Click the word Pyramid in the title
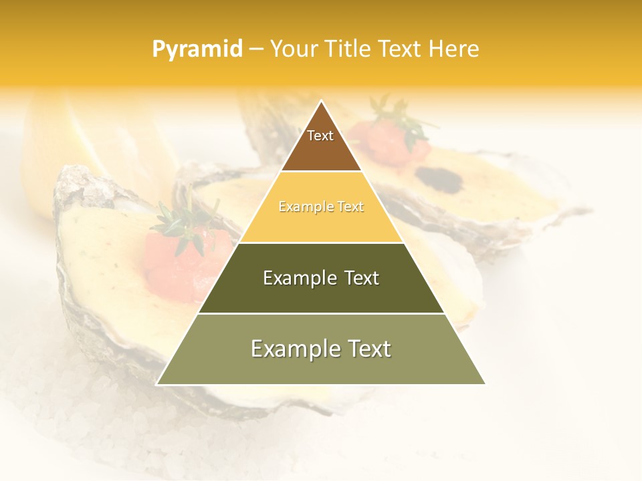tap(197, 49)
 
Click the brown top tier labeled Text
tap(320, 144)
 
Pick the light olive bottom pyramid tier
tap(321, 357)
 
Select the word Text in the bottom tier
tap(365, 349)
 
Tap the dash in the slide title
tap(255, 49)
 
